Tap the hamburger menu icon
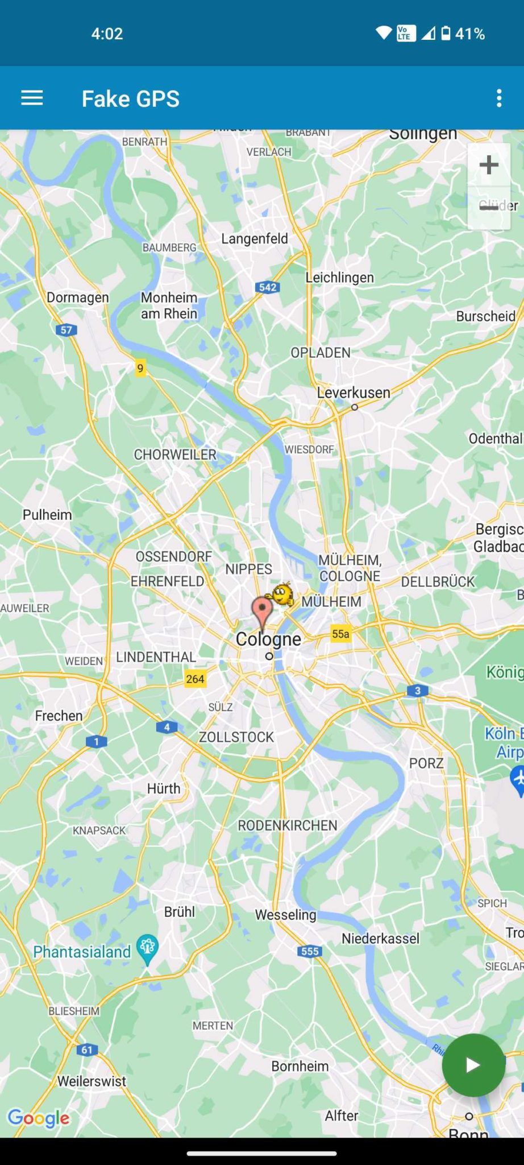pyautogui.click(x=32, y=98)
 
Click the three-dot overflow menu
pyautogui.click(x=499, y=98)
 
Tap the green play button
pyautogui.click(x=473, y=1065)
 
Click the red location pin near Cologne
pyautogui.click(x=262, y=610)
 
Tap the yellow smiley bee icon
pyautogui.click(x=281, y=594)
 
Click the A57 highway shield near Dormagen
pyautogui.click(x=66, y=330)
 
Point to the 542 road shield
pyautogui.click(x=268, y=287)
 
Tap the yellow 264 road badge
pyautogui.click(x=195, y=679)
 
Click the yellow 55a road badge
pyautogui.click(x=340, y=634)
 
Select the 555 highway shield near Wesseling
pyautogui.click(x=310, y=951)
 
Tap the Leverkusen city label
pyautogui.click(x=354, y=393)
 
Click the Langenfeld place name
pyautogui.click(x=255, y=239)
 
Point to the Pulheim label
pyautogui.click(x=47, y=515)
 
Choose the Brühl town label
pyautogui.click(x=180, y=912)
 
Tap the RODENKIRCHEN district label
pyautogui.click(x=288, y=825)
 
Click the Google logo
pyautogui.click(x=39, y=1118)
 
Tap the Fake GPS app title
pyautogui.click(x=131, y=99)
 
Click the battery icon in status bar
pyautogui.click(x=446, y=34)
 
